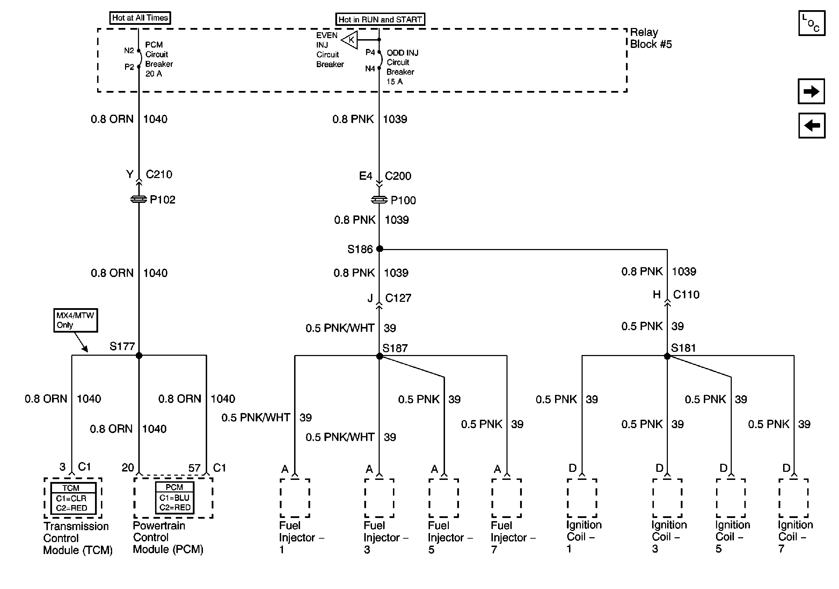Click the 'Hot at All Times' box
point(140,17)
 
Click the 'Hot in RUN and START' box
point(380,19)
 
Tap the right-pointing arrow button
point(811,91)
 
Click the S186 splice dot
point(380,249)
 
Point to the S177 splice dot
point(139,355)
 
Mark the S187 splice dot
point(380,356)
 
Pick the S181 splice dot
point(667,356)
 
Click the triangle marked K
point(350,40)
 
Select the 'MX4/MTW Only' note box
point(75,320)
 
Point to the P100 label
point(403,200)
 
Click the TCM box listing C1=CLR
point(73,498)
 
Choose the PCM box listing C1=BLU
point(174,498)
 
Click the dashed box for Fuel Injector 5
point(444,498)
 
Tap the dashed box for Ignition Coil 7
point(793,498)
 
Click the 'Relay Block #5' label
point(650,38)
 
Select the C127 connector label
point(398,298)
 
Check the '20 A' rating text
point(153,74)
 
